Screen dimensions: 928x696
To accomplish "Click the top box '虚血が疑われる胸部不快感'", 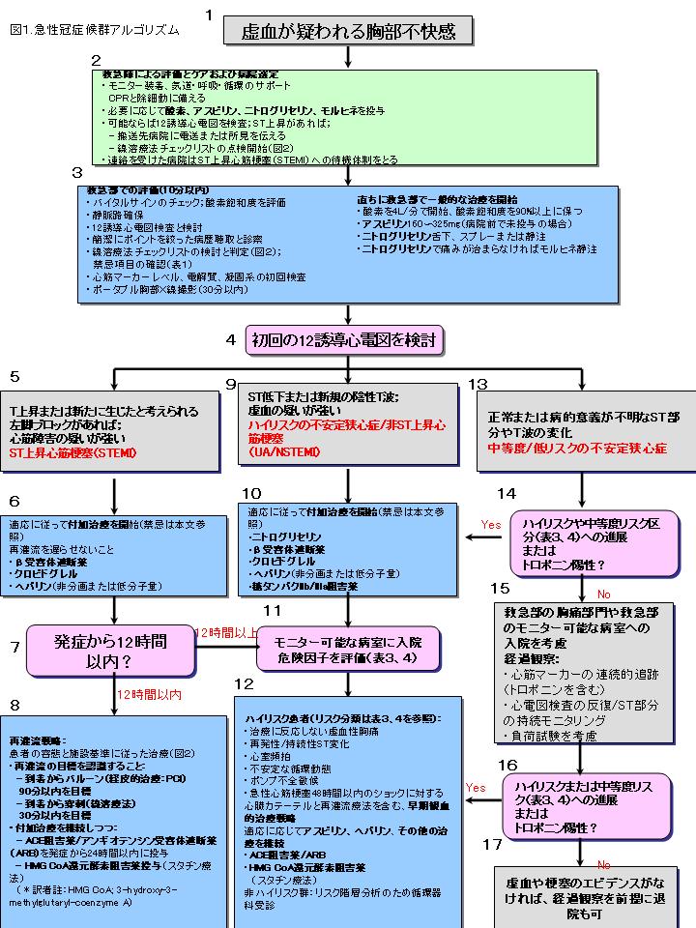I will pos(349,31).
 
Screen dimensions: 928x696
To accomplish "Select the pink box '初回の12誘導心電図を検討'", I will pos(348,339).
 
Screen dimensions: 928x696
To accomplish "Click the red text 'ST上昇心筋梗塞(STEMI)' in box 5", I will pos(73,451).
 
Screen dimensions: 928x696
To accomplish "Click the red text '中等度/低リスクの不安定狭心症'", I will pos(577,449).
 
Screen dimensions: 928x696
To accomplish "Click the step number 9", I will pos(231,384).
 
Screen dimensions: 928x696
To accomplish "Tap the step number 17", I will pos(492,844).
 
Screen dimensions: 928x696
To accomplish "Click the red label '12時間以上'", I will pos(226,631).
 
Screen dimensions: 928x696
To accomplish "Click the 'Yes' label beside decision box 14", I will pos(491,524).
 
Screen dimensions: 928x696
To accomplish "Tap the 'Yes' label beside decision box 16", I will pos(475,787).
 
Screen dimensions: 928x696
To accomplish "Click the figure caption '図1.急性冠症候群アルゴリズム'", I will pos(94,30).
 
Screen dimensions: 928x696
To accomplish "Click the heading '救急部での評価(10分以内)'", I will pos(132,190).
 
